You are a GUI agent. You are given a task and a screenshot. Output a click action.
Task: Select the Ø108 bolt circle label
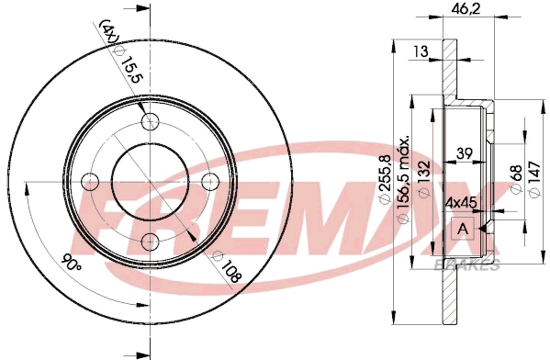click(x=228, y=267)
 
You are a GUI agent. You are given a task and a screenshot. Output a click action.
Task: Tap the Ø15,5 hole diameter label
click(x=129, y=66)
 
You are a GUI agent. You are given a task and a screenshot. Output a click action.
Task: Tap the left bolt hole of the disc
click(x=90, y=181)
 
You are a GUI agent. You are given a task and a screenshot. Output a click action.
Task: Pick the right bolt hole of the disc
click(x=209, y=181)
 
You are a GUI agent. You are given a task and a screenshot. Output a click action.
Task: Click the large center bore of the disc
click(x=150, y=181)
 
